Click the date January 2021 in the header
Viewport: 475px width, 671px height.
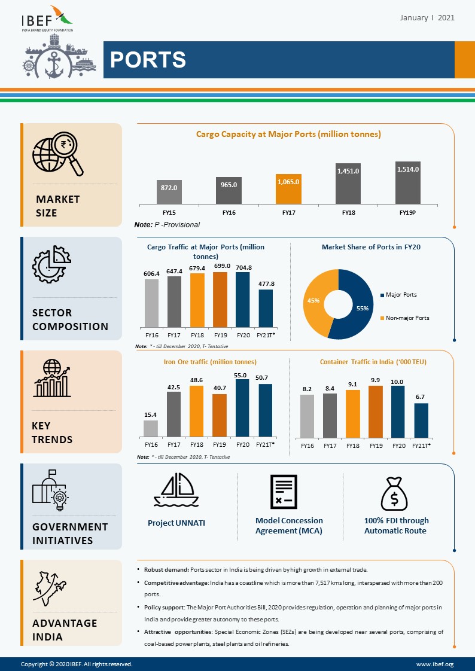tap(427, 18)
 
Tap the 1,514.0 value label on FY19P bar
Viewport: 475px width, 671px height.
tap(408, 170)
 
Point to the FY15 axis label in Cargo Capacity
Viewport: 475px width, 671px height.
tap(169, 212)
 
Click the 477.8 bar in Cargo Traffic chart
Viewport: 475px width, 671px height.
tap(266, 307)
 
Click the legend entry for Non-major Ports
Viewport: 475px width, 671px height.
tap(407, 318)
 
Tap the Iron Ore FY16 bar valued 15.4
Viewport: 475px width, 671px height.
tap(151, 428)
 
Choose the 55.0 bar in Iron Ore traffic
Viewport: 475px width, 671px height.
tap(243, 408)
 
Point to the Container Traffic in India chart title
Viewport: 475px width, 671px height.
tap(373, 362)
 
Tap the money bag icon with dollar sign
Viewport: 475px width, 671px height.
tap(395, 492)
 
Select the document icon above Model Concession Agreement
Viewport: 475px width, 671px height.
tap(283, 492)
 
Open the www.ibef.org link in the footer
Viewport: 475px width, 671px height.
tap(434, 664)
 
